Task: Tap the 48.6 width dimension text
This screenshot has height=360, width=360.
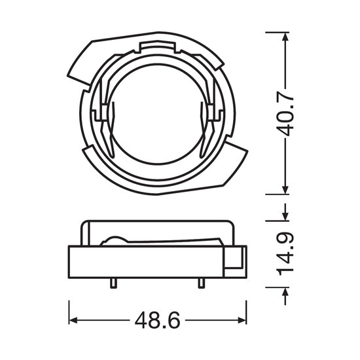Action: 157,320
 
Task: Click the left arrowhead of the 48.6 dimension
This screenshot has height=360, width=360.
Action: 73,320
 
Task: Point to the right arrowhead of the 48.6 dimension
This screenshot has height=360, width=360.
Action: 242,320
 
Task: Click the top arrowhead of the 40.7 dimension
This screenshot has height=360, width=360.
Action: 285,37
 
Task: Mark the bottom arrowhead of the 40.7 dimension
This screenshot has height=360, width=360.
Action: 285,190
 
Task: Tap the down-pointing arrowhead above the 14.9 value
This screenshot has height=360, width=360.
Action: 285,216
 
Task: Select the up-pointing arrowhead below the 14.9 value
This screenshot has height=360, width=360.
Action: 285,292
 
